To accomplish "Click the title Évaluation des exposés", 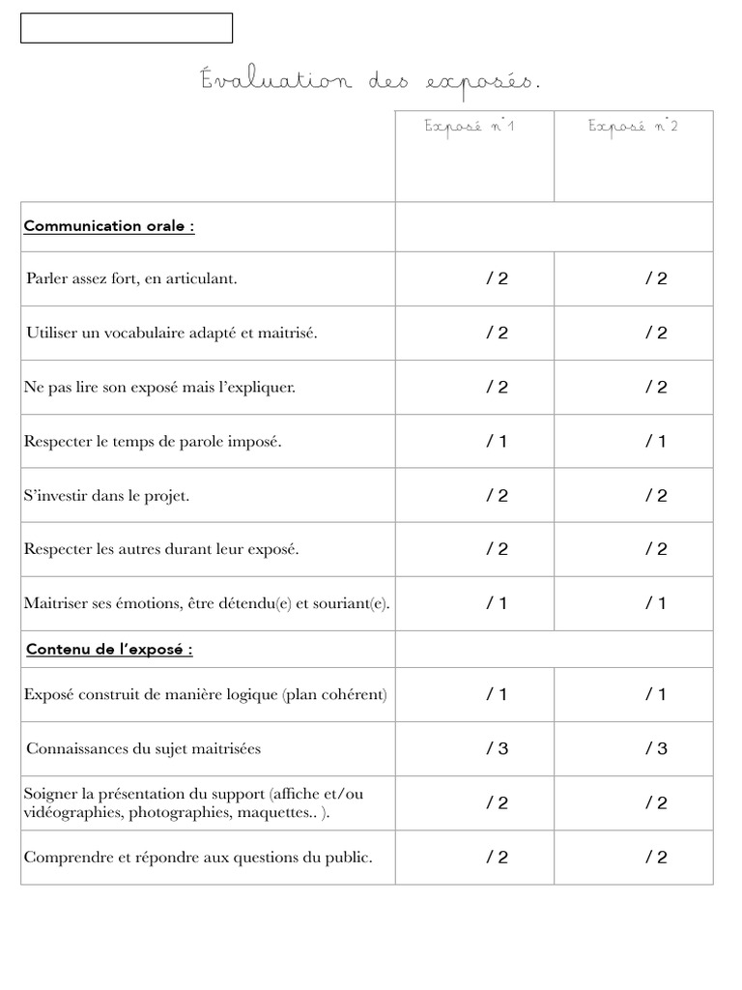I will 371,82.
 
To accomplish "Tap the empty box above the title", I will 127,28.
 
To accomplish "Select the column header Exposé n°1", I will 470,128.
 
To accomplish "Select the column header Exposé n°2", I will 633,128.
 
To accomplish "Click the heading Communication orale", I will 108,226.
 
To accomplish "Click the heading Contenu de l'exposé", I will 108,650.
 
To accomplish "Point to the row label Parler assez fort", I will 131,279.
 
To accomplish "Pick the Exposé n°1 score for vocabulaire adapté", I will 497,334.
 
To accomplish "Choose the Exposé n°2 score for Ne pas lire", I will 656,388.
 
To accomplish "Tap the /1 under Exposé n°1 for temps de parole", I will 497,442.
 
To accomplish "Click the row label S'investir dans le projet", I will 106,496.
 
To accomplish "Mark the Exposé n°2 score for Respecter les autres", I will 656,550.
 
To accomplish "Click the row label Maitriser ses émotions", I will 207,604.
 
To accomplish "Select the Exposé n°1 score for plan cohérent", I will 497,695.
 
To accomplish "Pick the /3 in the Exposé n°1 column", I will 497,749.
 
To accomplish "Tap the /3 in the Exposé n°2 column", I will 656,749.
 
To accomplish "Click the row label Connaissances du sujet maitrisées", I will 143,749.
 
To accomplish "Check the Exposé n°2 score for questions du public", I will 656,858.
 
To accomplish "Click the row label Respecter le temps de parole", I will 153,442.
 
